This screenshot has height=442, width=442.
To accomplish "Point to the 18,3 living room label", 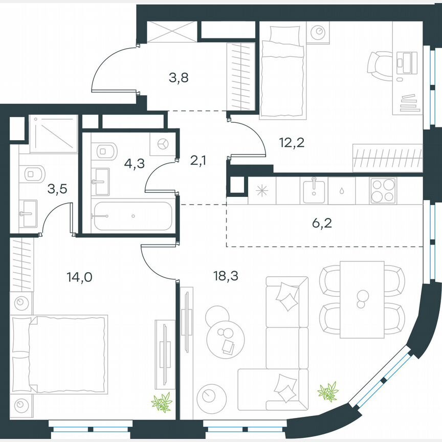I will (226, 277).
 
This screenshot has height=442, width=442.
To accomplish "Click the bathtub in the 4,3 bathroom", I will (131, 216).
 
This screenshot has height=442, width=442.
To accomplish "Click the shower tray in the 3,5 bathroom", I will (53, 134).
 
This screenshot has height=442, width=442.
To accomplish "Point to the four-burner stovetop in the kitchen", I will (383, 191).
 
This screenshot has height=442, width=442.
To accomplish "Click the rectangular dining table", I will (362, 299).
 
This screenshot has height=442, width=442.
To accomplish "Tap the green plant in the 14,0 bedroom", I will (162, 402).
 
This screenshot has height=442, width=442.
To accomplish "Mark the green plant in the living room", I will (327, 392).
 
